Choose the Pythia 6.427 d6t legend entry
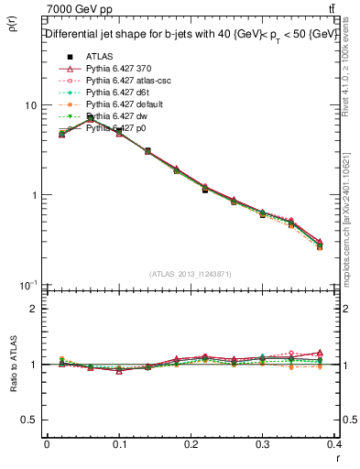click(115, 93)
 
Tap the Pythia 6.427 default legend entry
click(120, 104)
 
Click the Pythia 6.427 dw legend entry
click(115, 116)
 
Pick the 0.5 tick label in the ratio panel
click(29, 420)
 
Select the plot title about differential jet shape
click(191, 35)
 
